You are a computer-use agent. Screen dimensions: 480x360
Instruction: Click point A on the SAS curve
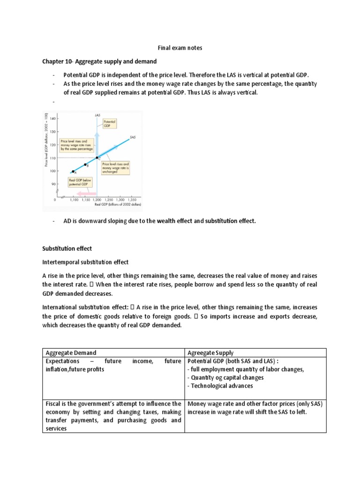tap(73, 171)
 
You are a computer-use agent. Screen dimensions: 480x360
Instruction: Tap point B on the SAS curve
tap(85, 165)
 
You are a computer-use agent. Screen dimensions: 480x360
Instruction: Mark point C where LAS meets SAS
tap(97, 158)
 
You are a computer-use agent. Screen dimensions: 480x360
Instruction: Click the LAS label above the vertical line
tap(97, 115)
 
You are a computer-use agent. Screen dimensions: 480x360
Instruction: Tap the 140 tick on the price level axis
tap(52, 119)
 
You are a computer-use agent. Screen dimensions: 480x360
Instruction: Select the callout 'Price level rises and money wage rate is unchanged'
tap(115, 168)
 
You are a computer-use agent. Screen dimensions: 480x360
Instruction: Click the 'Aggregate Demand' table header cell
tap(71, 352)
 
